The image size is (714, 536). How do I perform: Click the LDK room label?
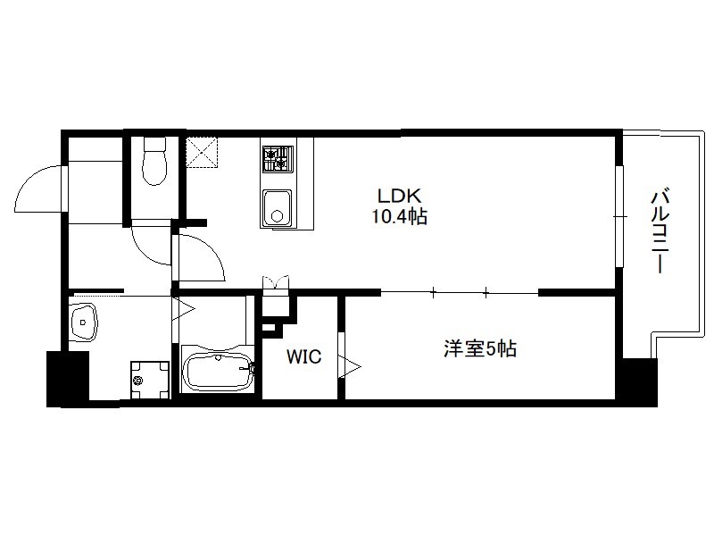pyautogui.click(x=399, y=196)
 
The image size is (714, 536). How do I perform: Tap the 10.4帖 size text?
pyautogui.click(x=399, y=216)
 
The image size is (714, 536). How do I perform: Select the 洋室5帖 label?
pyautogui.click(x=480, y=348)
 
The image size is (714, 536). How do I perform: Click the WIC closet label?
pyautogui.click(x=303, y=356)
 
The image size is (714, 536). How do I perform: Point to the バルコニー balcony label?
pyautogui.click(x=660, y=231)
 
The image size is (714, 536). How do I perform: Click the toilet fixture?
pyautogui.click(x=154, y=161)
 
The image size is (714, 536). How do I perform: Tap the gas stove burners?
pyautogui.click(x=277, y=159)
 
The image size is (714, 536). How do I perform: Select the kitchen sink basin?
pyautogui.click(x=277, y=207)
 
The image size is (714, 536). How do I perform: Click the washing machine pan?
pyautogui.click(x=150, y=381)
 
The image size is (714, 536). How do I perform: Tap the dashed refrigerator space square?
pyautogui.click(x=202, y=152)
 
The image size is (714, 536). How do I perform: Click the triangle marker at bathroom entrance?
pyautogui.click(x=184, y=309)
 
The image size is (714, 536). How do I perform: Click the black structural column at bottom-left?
pyautogui.click(x=68, y=379)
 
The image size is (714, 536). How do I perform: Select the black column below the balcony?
pyautogui.click(x=640, y=382)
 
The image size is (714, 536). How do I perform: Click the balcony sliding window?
pyautogui.click(x=619, y=216)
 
